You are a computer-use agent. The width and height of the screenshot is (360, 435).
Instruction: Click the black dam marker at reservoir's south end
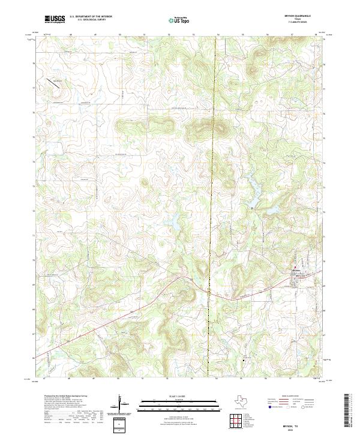click(253, 208)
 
